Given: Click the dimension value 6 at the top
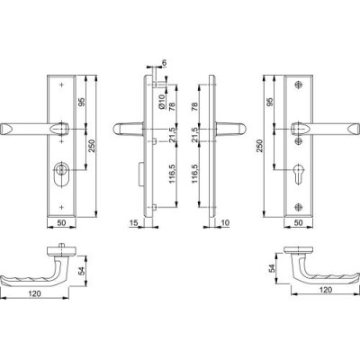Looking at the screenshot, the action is coord(164,62).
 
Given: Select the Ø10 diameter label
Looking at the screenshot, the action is coord(162,102).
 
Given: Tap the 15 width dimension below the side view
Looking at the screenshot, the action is coord(133,222).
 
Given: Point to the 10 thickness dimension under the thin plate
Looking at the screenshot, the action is coord(225,222).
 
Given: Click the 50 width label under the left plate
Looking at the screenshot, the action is coord(61,222).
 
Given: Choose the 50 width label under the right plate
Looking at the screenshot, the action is coord(299,222).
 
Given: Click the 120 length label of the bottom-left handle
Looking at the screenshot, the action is coord(34,293).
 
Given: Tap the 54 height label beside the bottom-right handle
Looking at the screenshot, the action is coord(271,268).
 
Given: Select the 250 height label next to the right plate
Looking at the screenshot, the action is coord(259,146).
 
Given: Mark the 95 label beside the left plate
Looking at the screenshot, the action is coord(82,102).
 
